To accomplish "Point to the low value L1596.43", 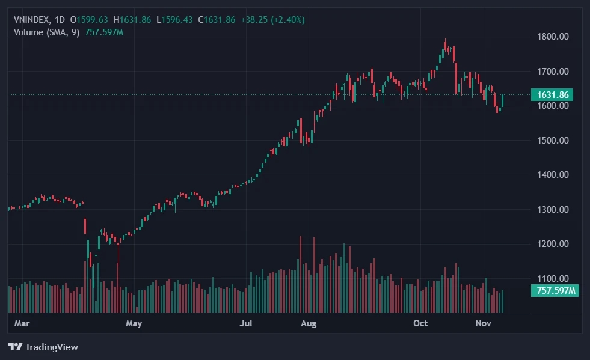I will (175, 20).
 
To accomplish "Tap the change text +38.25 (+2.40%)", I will (272, 20).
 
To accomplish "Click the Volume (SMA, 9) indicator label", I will (46, 32).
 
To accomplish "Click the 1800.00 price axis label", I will (552, 37).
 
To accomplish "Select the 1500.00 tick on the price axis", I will (552, 141).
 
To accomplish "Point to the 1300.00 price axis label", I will (552, 210).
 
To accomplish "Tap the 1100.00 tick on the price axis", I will (552, 279).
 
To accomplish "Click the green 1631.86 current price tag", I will (552, 94).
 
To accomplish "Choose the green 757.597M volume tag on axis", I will (555, 291).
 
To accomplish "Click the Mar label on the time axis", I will (22, 323).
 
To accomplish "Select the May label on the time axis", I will (134, 323).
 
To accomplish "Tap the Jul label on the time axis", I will (245, 323).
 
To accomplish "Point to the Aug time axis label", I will (309, 323).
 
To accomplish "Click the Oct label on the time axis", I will (420, 323).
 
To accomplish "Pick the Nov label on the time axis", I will (484, 323).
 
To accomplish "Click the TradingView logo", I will (43, 347).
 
